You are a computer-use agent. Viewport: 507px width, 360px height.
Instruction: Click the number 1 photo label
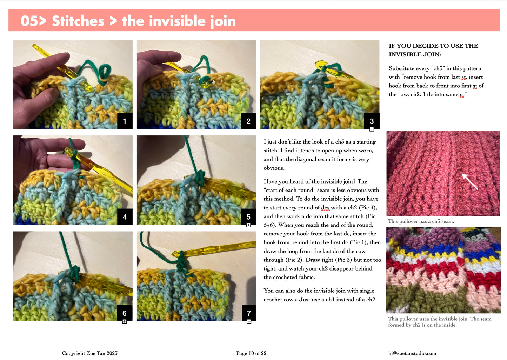(x=125, y=121)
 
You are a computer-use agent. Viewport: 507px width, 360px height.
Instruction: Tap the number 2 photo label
(x=248, y=121)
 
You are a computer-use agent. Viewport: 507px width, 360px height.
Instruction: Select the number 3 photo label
(x=372, y=121)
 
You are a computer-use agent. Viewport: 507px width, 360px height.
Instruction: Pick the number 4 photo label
(x=125, y=217)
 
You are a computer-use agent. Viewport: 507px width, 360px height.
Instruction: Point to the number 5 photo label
(x=248, y=217)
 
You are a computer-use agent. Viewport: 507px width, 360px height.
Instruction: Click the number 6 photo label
(x=124, y=313)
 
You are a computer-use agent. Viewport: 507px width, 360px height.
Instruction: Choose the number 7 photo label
(x=249, y=313)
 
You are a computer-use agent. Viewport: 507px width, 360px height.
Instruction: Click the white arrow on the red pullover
(x=469, y=181)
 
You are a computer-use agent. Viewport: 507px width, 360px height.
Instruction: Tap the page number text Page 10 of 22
(x=251, y=353)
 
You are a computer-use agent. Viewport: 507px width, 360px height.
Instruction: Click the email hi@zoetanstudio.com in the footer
(x=412, y=353)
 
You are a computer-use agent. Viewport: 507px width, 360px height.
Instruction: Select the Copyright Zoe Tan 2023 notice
(x=90, y=353)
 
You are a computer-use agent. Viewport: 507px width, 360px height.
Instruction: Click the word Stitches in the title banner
(x=78, y=21)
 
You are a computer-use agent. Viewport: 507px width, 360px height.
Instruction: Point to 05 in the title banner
(x=29, y=21)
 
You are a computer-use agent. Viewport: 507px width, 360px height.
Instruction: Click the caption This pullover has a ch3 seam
(x=421, y=221)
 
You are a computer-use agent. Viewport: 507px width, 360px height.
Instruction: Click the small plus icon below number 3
(x=372, y=129)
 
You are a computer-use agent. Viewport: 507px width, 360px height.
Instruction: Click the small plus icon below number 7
(x=249, y=321)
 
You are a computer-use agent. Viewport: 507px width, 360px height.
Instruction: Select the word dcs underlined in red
(x=326, y=208)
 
